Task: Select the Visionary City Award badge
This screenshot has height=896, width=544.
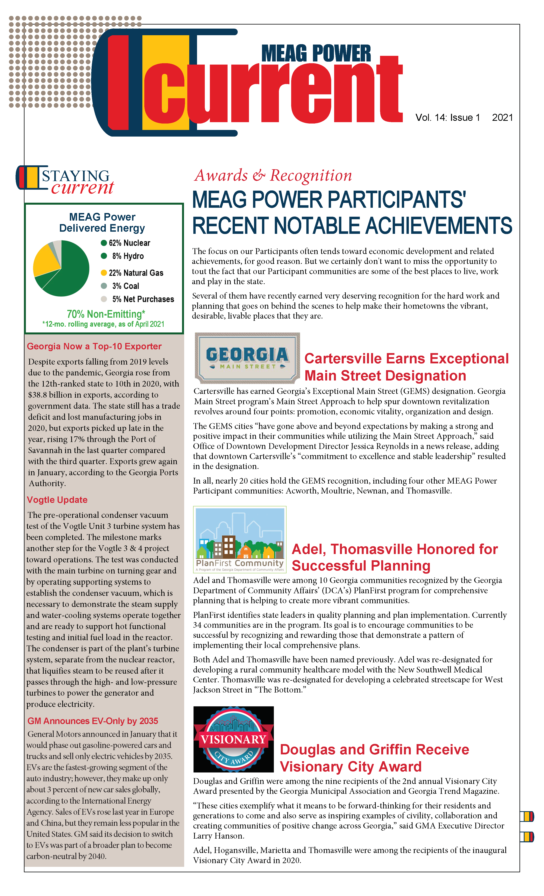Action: (x=233, y=739)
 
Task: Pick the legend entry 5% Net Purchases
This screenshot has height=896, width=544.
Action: (x=143, y=299)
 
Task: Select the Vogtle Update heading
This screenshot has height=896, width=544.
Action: (x=57, y=500)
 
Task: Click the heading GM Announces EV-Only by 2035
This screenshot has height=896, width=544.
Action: (x=93, y=721)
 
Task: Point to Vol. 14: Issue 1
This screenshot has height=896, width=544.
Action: (x=448, y=118)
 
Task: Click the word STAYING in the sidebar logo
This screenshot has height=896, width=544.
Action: (x=76, y=176)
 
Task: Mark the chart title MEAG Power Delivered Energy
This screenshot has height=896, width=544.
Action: (x=102, y=223)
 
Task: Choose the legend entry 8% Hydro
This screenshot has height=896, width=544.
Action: (x=127, y=256)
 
